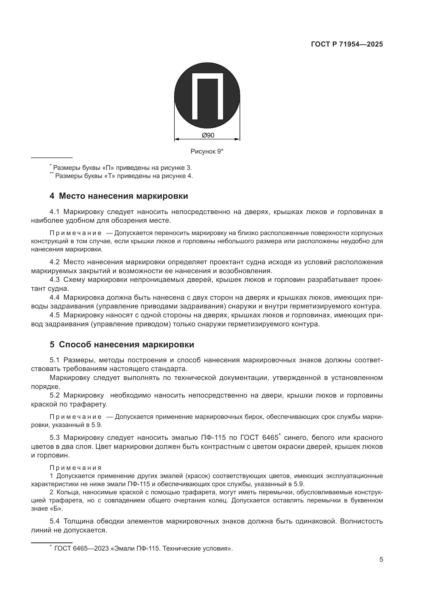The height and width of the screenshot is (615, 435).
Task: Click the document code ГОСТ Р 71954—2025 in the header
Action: coord(347,44)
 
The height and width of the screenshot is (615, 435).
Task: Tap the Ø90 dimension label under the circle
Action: coord(208,135)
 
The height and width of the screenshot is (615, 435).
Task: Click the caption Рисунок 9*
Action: coord(207,151)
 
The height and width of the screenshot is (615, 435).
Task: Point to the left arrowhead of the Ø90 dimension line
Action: coord(176,139)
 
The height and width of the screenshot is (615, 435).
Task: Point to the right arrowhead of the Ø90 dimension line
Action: coord(237,139)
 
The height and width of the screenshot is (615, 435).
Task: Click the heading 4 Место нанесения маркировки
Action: coord(119,196)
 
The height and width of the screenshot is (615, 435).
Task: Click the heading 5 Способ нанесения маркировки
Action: coord(122,344)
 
